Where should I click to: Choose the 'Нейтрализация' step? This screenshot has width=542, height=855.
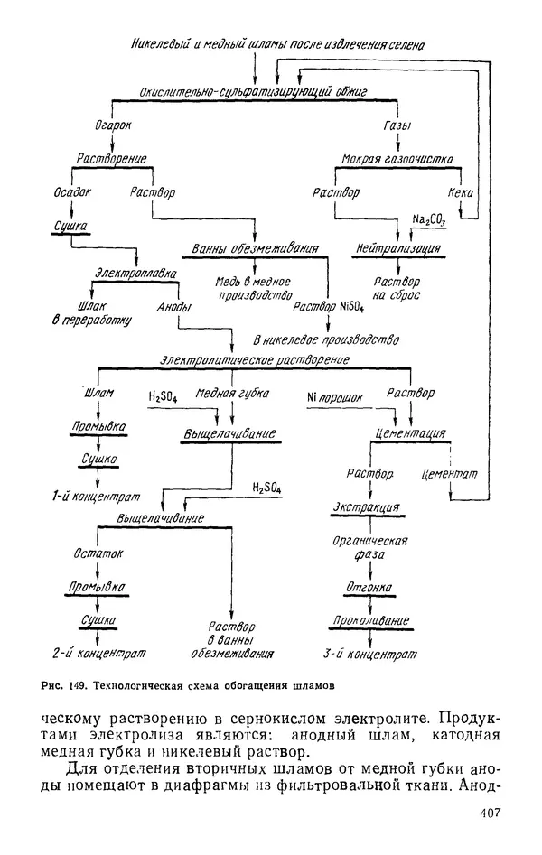(398, 247)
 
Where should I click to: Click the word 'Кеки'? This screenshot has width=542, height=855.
(461, 192)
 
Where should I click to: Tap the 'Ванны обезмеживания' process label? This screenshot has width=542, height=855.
(256, 248)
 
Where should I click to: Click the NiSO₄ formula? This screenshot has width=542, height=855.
(351, 306)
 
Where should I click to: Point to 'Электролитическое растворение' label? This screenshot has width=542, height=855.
(255, 360)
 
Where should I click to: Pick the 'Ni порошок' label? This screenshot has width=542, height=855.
(334, 395)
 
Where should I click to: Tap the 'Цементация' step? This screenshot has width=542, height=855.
(410, 433)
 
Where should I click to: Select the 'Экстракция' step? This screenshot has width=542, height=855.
(367, 506)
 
